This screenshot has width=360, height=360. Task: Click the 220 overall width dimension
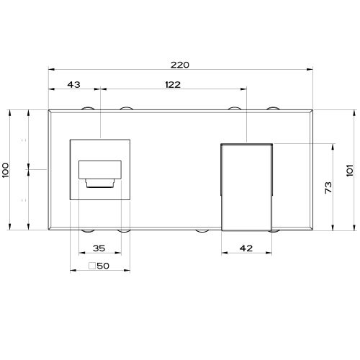180,65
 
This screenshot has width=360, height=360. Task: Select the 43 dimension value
73,84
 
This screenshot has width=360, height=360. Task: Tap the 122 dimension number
173,84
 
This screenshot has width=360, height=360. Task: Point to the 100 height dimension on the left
5,170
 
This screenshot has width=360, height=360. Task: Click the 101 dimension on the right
350,170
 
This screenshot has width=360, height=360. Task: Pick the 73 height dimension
328,187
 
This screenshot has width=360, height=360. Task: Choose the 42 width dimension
246,248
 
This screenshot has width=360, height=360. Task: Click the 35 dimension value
99,248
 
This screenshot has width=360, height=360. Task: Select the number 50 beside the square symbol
103,266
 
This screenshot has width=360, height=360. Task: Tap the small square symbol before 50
92,266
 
